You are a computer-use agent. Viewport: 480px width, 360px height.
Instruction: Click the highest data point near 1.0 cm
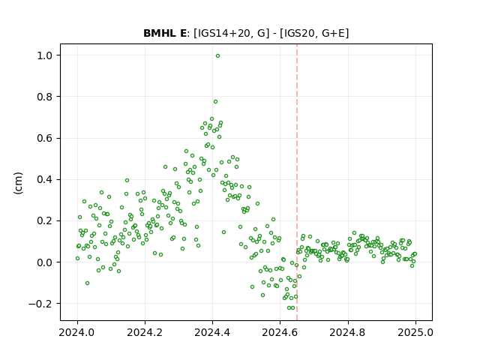[217, 56]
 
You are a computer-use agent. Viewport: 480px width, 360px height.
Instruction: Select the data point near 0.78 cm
[215, 102]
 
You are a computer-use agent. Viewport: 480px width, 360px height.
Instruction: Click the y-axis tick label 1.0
[45, 55]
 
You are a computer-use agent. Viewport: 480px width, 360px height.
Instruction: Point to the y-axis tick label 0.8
[45, 97]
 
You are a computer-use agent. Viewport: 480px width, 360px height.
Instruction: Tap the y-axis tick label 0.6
[45, 138]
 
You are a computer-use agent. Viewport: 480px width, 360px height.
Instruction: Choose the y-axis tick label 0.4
[45, 179]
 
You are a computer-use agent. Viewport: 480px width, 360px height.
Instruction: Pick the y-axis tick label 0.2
[45, 220]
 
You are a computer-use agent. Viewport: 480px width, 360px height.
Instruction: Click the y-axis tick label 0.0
[45, 262]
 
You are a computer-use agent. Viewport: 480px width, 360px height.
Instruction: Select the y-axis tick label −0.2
[41, 304]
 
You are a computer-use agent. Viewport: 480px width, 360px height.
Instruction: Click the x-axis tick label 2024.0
[76, 332]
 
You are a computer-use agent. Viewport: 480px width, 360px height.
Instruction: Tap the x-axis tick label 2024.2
[145, 332]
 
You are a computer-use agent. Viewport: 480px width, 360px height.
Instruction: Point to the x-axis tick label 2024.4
[212, 332]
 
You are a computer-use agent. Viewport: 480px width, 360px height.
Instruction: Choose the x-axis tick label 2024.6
[280, 332]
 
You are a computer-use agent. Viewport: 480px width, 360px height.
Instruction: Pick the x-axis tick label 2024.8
[347, 332]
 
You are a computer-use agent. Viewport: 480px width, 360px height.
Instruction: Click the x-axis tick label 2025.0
[415, 332]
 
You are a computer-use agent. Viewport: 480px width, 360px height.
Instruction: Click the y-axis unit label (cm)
[18, 183]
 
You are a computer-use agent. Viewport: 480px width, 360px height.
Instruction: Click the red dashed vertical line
[297, 182]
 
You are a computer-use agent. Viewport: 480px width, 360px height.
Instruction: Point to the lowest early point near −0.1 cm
[87, 283]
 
